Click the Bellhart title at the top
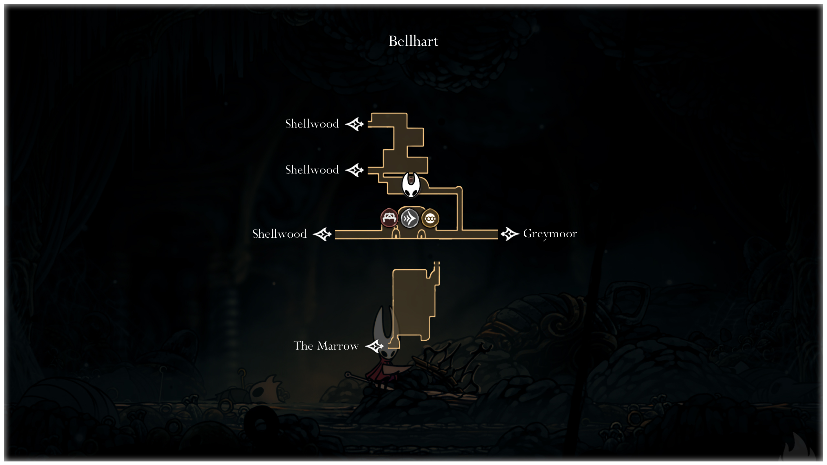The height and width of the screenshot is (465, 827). (413, 41)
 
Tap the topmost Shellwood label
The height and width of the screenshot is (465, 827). (312, 124)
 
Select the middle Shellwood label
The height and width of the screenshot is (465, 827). (312, 170)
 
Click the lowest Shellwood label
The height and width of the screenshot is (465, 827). (279, 234)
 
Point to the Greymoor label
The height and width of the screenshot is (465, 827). (550, 233)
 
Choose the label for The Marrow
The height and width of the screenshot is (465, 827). (326, 346)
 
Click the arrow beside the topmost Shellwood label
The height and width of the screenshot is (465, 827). (355, 124)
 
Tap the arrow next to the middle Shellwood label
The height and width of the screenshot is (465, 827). (355, 170)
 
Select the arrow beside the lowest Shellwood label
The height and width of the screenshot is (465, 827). (322, 234)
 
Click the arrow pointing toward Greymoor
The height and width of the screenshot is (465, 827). (510, 234)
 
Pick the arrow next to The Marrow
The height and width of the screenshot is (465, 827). (374, 346)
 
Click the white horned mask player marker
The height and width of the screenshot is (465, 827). (411, 185)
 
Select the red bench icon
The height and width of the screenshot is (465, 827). (389, 218)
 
